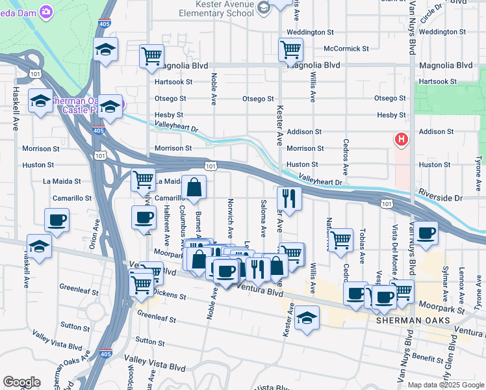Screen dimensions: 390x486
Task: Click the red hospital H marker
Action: pos(402,139)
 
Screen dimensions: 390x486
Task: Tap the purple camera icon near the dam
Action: pos(46,11)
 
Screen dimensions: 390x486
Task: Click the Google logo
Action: pos(21,382)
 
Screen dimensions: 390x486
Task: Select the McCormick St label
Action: pos(346,48)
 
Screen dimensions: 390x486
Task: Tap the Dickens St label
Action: pos(171,296)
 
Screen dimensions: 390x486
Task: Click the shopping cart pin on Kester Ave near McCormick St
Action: pos(290,48)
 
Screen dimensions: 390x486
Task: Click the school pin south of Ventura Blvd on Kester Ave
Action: pos(307,318)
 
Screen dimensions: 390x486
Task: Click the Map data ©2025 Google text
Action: pos(444,385)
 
